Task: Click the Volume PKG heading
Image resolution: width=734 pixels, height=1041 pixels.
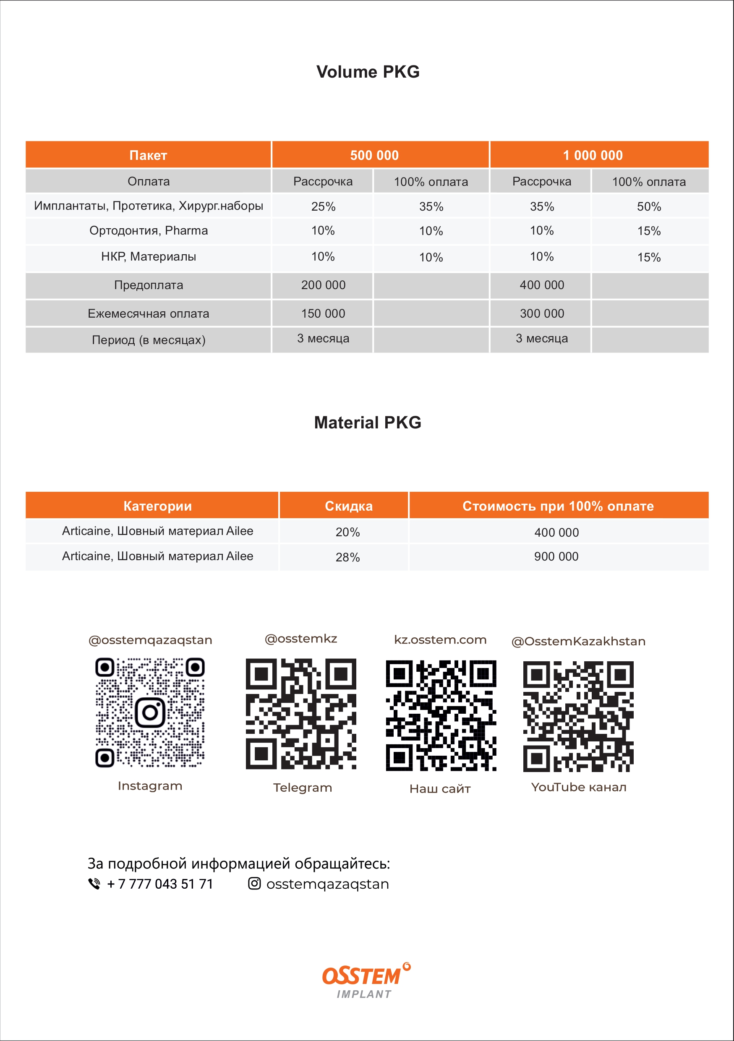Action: tap(368, 72)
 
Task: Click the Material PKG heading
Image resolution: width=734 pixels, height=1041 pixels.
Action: tap(368, 423)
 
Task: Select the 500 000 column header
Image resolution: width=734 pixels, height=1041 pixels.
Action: tap(374, 155)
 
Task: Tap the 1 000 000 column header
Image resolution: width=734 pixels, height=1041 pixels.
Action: tap(593, 155)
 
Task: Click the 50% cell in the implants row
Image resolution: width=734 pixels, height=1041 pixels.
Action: tap(649, 207)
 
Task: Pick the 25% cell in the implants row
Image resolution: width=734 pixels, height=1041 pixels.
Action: tap(323, 207)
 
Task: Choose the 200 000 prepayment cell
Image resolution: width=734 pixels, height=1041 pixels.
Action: tap(323, 285)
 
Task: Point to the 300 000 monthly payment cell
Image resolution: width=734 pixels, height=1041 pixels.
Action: tap(542, 313)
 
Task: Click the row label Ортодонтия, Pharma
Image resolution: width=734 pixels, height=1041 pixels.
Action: tap(149, 231)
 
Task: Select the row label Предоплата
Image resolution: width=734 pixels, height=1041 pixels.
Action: tap(149, 285)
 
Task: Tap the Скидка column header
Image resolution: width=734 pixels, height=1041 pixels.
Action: tap(349, 506)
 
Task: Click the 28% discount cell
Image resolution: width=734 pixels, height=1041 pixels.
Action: tap(348, 557)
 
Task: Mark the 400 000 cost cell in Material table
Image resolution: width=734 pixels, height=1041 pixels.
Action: tap(556, 532)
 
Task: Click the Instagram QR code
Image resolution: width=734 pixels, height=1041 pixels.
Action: tap(150, 712)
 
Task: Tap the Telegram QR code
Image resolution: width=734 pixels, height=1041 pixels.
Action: tap(301, 714)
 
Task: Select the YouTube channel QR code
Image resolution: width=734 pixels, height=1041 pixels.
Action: tap(578, 716)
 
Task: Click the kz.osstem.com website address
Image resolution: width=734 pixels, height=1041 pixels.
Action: tap(440, 640)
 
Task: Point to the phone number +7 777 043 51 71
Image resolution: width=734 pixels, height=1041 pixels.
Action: tap(159, 884)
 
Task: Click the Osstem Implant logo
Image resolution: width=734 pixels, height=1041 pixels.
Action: tap(366, 980)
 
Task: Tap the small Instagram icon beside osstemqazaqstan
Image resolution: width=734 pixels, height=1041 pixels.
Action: tap(254, 883)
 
